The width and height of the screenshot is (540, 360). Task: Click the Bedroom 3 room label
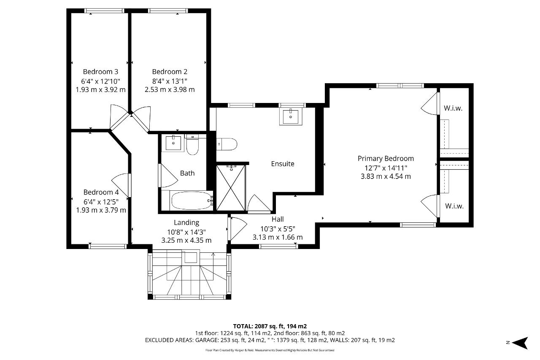tap(100, 72)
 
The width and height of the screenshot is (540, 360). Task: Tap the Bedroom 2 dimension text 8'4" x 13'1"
tap(170, 81)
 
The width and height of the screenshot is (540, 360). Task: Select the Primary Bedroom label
tap(386, 158)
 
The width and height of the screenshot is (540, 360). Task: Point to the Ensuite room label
tap(283, 164)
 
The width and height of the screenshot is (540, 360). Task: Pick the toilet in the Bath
tap(192, 144)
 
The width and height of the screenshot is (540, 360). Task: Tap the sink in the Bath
tap(173, 143)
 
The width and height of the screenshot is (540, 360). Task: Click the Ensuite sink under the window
tap(291, 117)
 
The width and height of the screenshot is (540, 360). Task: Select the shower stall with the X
tap(231, 187)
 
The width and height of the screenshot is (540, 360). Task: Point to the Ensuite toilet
tap(227, 144)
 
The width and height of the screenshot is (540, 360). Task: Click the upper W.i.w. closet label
tap(453, 108)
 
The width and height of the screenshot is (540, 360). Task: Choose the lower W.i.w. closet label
tap(454, 206)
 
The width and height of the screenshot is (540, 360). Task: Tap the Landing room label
tap(186, 222)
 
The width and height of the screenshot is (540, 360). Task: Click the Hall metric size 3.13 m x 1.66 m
tap(278, 237)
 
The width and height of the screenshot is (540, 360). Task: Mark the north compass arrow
tap(520, 343)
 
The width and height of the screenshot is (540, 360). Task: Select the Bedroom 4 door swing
tap(121, 185)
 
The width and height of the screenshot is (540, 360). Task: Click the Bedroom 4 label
tap(101, 192)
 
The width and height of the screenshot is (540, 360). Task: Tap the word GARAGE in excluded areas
tap(207, 340)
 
